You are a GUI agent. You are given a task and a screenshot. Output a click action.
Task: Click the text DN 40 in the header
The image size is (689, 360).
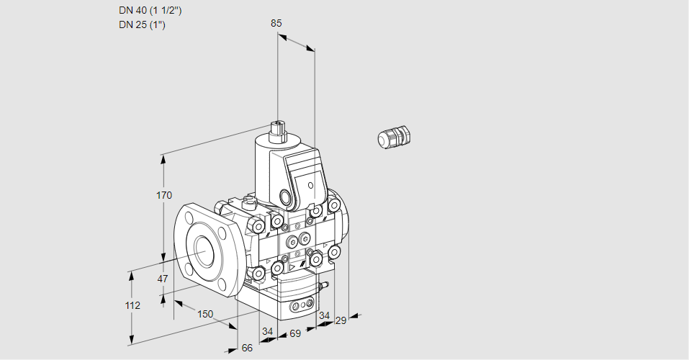point(133,11)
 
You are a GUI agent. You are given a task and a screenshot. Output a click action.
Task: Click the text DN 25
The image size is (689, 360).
point(133,25)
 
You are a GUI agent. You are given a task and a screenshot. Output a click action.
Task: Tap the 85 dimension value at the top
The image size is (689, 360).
point(276,23)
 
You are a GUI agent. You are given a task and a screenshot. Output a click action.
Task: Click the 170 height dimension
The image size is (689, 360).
point(164,195)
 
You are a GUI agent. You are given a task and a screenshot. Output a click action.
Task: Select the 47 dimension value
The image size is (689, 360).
point(163,279)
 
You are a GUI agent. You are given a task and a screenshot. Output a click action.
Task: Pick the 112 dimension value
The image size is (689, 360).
point(132,305)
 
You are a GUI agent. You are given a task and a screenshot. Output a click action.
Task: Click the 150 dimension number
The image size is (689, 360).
point(205,313)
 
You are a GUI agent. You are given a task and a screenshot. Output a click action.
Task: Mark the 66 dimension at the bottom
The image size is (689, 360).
point(247,348)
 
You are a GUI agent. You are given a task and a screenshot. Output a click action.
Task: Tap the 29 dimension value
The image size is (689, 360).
point(341,320)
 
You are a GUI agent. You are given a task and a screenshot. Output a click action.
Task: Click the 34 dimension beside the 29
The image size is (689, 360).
point(324,315)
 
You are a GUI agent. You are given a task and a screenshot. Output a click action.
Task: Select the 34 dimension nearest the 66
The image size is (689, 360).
point(268,331)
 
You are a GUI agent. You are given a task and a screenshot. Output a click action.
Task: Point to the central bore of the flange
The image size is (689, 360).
point(207,249)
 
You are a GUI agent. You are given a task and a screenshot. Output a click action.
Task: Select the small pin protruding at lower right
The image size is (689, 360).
point(325,287)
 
